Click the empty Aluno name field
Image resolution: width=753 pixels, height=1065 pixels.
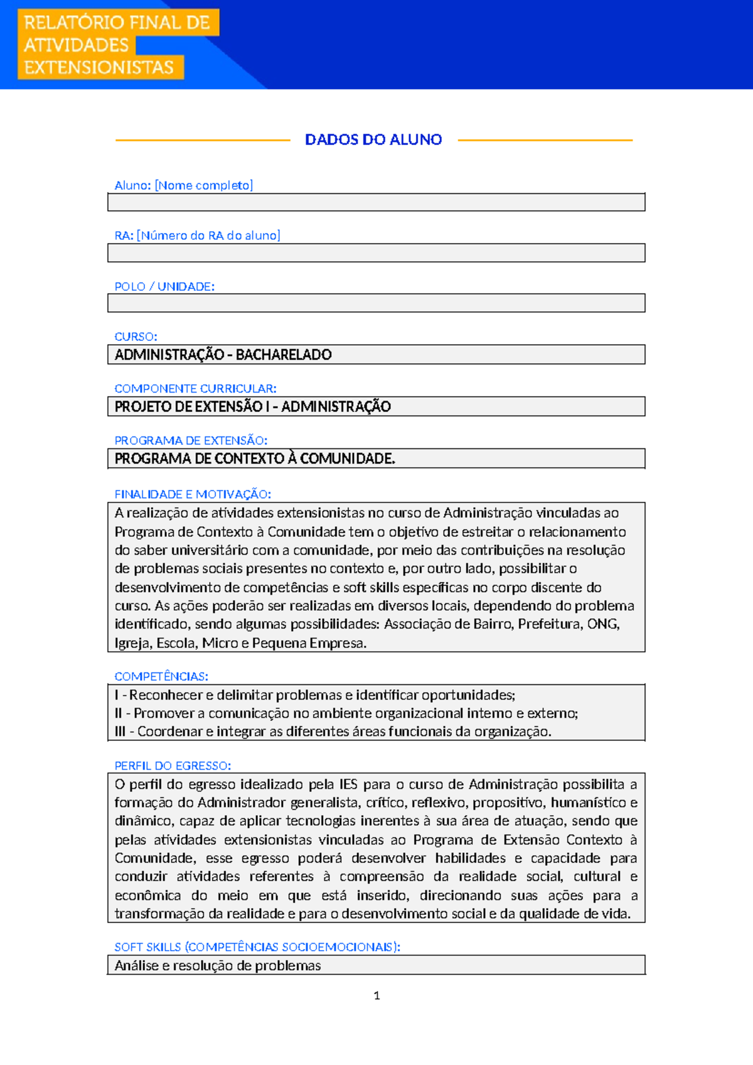[x=376, y=202]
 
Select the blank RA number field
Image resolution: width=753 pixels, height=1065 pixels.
[x=376, y=252]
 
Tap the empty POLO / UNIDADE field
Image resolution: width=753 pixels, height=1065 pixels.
[x=376, y=303]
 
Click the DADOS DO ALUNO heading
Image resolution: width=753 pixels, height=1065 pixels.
[x=373, y=139]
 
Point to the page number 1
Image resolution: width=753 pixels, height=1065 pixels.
[x=376, y=995]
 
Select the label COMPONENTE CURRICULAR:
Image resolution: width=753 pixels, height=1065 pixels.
[x=195, y=389]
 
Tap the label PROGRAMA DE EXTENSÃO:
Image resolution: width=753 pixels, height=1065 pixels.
[x=191, y=441]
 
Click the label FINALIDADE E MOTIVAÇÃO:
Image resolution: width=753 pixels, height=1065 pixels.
[x=193, y=494]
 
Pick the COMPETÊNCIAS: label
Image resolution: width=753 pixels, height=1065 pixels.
[x=161, y=676]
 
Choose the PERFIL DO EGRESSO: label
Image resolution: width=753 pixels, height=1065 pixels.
[x=173, y=766]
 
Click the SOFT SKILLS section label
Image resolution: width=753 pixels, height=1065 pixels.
[x=257, y=947]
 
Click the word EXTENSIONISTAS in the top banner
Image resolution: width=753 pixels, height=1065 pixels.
[x=99, y=67]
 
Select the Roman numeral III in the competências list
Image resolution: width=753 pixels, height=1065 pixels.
[x=120, y=732]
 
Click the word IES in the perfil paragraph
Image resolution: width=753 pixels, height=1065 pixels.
[x=348, y=784]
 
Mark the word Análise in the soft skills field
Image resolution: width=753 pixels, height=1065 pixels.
[x=136, y=966]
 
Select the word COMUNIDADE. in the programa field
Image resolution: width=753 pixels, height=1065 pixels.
[x=348, y=459]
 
